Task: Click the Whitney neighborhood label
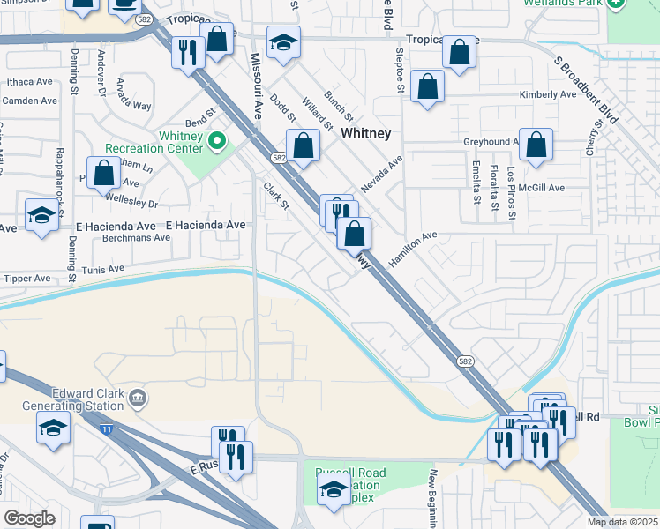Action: (365, 133)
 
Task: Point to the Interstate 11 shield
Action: (107, 428)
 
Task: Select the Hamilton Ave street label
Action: (413, 250)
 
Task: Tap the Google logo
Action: (29, 518)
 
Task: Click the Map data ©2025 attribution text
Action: (623, 522)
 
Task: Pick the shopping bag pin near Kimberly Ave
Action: (427, 87)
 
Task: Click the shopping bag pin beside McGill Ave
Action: (536, 144)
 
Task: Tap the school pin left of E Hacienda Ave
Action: (41, 216)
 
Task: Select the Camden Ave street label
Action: (29, 101)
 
